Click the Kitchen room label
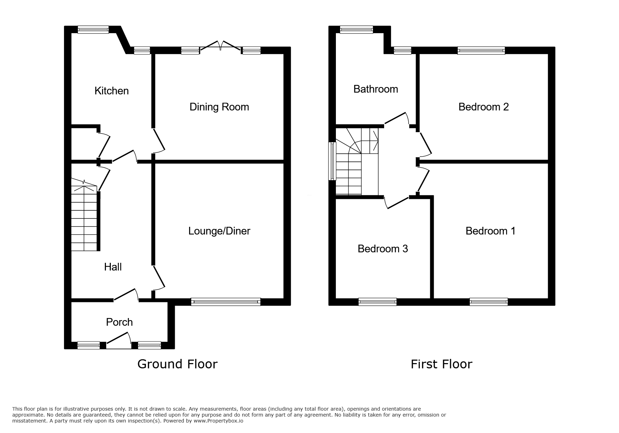[111, 91]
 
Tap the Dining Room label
[219, 107]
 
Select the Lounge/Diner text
[219, 231]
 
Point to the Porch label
[119, 322]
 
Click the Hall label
[113, 267]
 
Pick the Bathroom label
[376, 89]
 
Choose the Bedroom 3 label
[383, 249]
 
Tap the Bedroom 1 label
[490, 231]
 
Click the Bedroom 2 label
[483, 107]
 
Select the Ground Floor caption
[178, 364]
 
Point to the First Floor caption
[441, 364]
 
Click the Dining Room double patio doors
[220, 46]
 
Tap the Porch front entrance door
[119, 341]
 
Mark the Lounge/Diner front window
[226, 302]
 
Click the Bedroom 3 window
[377, 302]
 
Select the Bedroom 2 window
[481, 50]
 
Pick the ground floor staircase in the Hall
[84, 215]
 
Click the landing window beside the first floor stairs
[332, 161]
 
